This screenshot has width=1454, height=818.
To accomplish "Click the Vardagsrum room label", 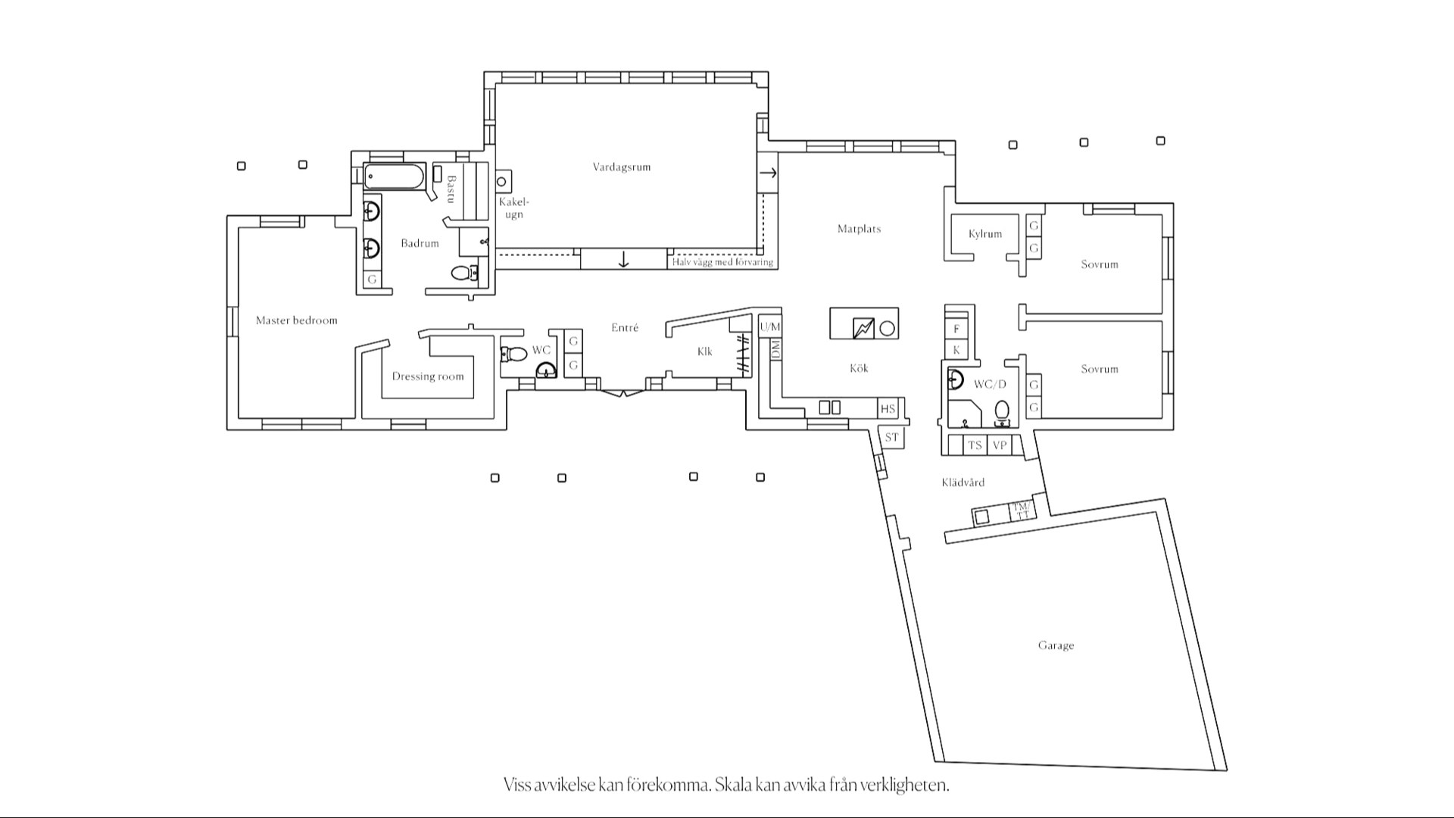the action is point(621,167).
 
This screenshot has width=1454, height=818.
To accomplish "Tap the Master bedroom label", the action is point(296,320).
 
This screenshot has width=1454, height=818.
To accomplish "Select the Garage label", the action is point(1056,645).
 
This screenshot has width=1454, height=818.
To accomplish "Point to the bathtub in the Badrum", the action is point(395,176).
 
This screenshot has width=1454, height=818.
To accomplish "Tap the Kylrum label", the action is point(984,234).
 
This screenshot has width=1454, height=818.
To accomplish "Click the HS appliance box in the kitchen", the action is point(888,409).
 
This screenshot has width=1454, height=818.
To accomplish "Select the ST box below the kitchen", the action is point(891,438).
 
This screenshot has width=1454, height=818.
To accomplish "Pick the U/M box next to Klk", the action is point(769,326).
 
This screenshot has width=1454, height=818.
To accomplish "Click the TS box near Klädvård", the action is point(975,445).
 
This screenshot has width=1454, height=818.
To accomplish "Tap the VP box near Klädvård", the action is point(1000,445).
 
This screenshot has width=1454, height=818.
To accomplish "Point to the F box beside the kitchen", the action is point(956,329).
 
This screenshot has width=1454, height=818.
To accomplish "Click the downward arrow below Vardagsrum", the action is point(623,260).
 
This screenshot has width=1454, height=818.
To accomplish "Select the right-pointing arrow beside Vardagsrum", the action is point(768,173).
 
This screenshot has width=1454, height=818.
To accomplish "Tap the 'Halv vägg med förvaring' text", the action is point(723,262).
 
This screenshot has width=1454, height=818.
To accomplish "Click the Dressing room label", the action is point(428,376).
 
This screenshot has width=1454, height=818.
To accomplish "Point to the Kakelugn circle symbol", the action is point(501,182).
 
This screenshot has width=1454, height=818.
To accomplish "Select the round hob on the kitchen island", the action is point(887,328).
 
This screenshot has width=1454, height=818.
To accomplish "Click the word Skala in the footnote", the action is point(733,785).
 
